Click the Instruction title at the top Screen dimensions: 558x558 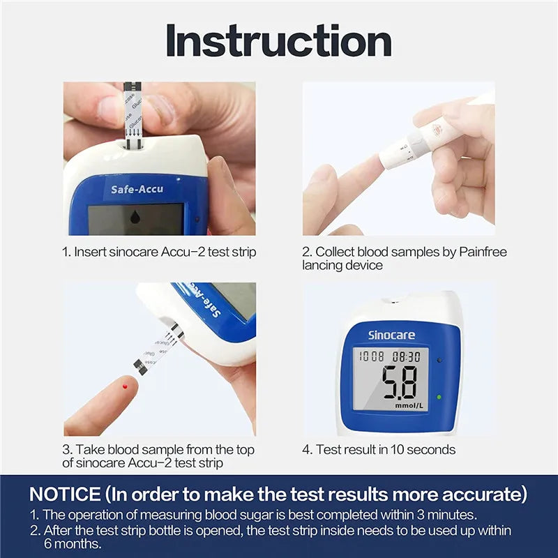point(279,41)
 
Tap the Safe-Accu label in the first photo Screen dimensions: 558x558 point(137,189)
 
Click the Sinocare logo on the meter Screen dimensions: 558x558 point(391,335)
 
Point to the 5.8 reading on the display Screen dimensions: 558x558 point(399,382)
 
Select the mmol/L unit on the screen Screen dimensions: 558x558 point(409,405)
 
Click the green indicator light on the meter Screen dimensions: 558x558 point(439,397)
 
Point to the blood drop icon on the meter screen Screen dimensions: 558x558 point(135,218)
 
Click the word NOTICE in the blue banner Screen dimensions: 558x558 point(66,495)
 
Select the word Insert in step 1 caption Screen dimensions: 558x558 point(90,252)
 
